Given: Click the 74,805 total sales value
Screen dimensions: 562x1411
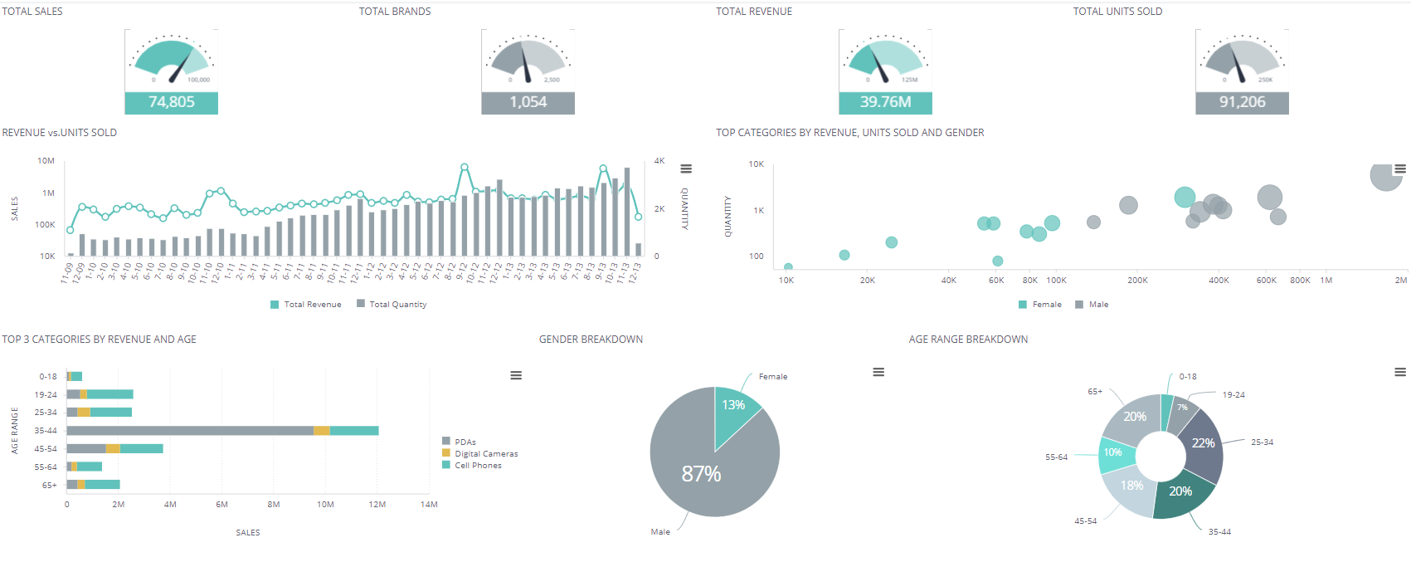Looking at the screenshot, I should [171, 102].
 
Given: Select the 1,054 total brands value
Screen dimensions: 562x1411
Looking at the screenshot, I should [528, 102].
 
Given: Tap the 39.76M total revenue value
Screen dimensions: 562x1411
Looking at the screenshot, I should [885, 102].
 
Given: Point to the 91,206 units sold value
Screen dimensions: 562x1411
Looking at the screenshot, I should [1242, 102].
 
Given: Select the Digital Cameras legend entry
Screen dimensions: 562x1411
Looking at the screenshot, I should [485, 454].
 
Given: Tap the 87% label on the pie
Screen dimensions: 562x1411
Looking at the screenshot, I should [701, 474].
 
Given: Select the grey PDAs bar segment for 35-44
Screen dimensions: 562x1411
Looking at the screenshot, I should [190, 431].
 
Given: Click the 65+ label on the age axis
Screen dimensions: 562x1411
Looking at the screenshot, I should [49, 485].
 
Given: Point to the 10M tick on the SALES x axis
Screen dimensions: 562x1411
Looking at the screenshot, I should [325, 505].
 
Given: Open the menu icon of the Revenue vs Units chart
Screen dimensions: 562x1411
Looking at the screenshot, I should [686, 169].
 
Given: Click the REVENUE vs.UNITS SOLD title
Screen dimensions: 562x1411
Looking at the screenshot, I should [60, 133].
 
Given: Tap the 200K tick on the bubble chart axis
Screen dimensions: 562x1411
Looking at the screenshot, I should [1137, 281].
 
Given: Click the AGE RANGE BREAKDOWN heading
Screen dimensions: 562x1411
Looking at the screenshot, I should [968, 340].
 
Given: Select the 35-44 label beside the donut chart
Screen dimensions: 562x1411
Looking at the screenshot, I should [1219, 532].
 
